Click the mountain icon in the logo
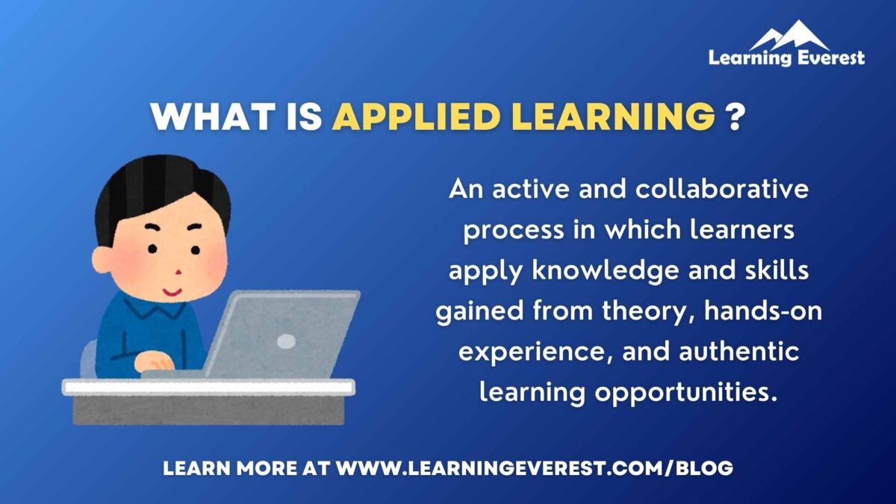coord(788,35)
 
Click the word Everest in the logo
coord(828,57)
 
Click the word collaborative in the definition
coord(722,190)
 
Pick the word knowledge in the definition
coord(604,270)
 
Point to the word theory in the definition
coord(630,311)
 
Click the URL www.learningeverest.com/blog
coord(535,469)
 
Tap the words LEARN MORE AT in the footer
coord(246,469)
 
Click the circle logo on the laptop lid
coord(286,341)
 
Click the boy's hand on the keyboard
coord(155,361)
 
